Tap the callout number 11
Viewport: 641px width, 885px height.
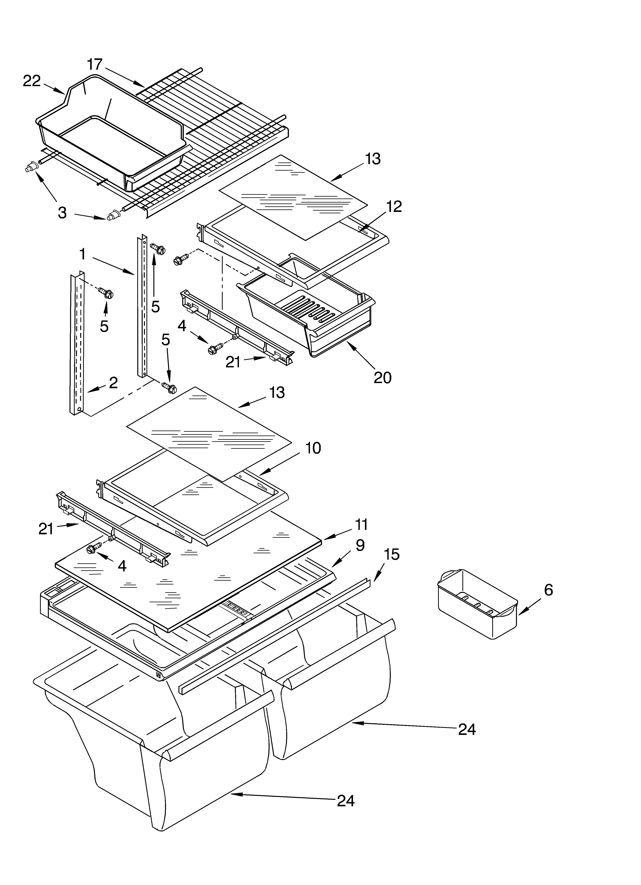click(361, 525)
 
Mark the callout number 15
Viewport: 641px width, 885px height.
click(392, 555)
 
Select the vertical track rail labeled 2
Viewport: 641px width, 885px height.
click(77, 343)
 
